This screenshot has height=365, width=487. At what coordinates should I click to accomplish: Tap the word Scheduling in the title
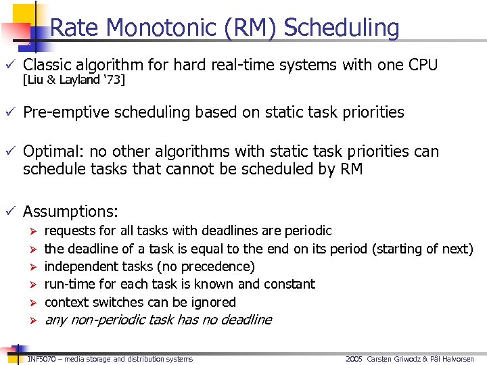pos(342,28)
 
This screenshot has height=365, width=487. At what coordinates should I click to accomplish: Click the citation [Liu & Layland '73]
pos(74,80)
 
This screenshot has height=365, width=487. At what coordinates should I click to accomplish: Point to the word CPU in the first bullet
pos(423,65)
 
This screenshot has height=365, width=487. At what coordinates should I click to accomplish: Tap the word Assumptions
pos(70,212)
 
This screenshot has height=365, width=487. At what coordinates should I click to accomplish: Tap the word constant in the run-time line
pos(291,284)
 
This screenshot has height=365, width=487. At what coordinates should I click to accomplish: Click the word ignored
pos(213,302)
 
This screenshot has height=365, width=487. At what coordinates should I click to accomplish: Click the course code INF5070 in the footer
pos(41,359)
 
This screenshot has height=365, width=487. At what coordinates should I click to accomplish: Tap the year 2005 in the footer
pos(354,359)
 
